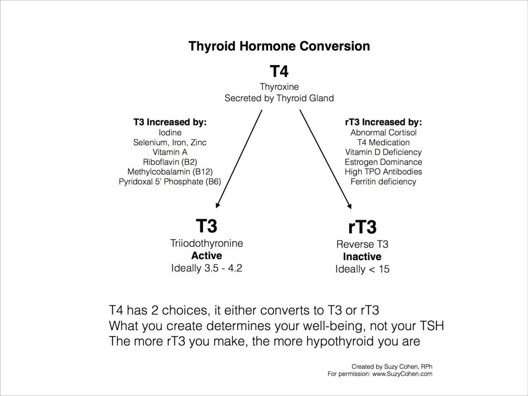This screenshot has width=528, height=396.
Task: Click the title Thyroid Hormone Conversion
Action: click(x=279, y=46)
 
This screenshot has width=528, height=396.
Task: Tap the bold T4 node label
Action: click(x=279, y=71)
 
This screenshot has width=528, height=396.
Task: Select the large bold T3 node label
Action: click(x=206, y=226)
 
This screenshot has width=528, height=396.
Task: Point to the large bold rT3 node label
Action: click(x=362, y=227)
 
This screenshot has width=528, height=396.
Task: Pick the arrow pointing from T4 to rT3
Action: click(x=326, y=158)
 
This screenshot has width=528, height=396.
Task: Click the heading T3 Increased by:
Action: click(x=170, y=122)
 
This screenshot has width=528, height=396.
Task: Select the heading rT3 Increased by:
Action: click(x=383, y=122)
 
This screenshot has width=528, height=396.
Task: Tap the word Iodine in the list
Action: click(x=170, y=132)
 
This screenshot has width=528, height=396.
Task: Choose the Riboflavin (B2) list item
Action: click(x=170, y=162)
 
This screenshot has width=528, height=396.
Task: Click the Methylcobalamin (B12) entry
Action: click(x=170, y=172)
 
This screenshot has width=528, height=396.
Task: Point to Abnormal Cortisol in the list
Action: click(x=383, y=132)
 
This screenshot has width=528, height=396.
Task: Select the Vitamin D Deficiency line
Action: click(x=383, y=152)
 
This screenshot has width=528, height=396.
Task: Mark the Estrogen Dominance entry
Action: click(x=383, y=162)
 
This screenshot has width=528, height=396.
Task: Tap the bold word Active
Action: click(x=206, y=256)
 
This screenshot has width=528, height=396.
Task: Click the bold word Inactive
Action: click(x=362, y=257)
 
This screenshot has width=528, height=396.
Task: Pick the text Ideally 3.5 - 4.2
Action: click(x=206, y=268)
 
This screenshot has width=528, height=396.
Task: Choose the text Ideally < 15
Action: click(x=362, y=269)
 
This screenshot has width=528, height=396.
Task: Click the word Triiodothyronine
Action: click(x=206, y=243)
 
